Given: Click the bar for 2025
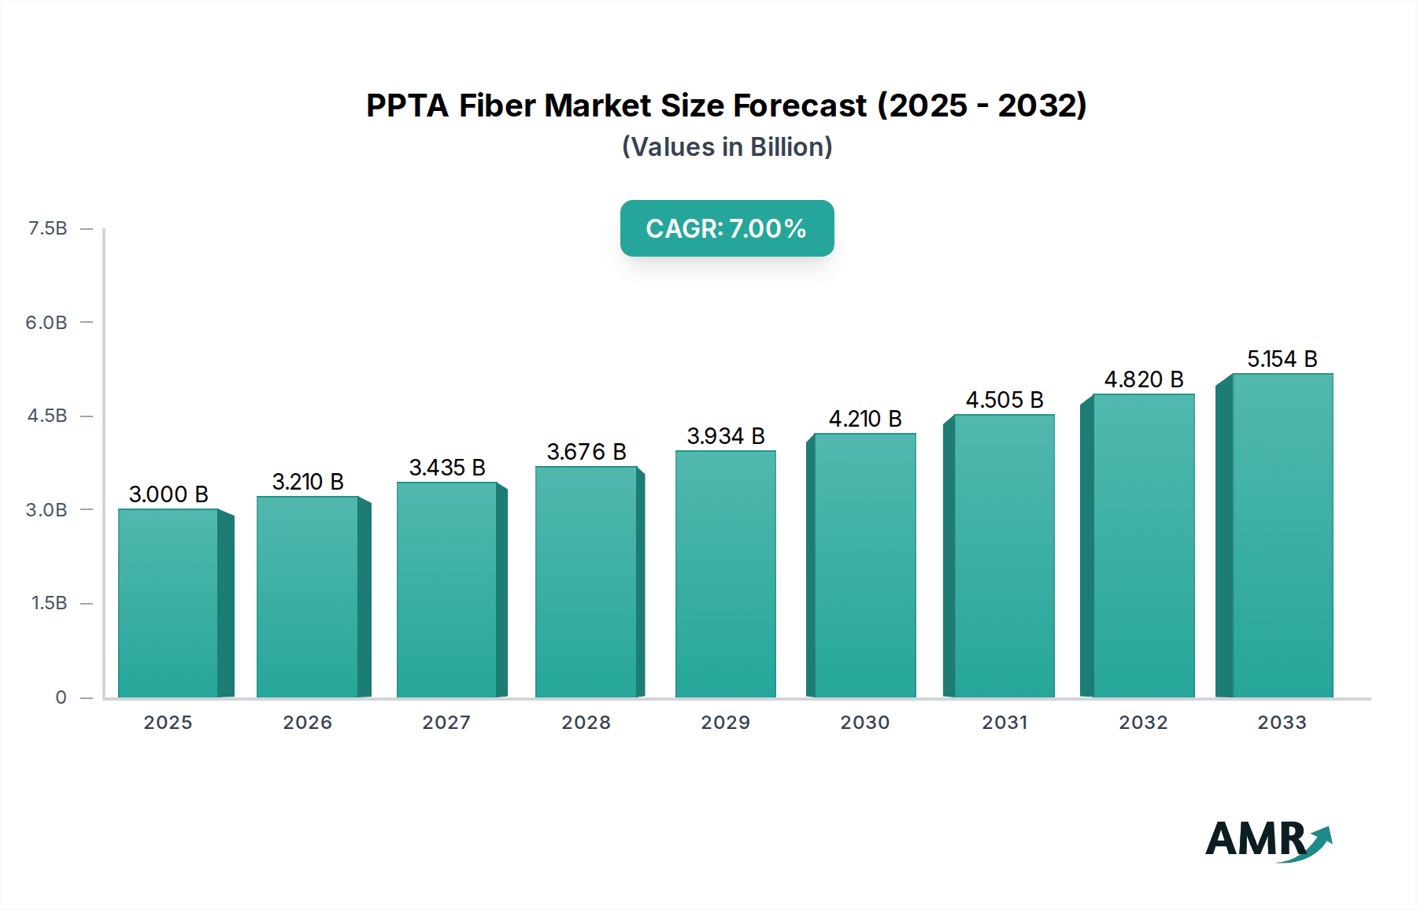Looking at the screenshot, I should (168, 603).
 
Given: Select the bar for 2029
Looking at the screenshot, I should (725, 574).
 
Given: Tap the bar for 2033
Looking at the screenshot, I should (1282, 535).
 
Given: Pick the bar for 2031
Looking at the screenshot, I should (1004, 556).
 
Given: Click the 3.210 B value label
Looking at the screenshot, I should (308, 482).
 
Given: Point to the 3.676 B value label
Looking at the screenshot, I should (586, 452).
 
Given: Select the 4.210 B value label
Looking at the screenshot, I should (865, 419).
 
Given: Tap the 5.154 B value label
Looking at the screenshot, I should (1282, 359).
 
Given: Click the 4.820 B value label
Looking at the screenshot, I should (1144, 379).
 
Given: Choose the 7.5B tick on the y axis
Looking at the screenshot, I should (48, 228).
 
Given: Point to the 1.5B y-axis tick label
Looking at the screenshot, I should (49, 603).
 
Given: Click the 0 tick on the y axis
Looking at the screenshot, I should (61, 697).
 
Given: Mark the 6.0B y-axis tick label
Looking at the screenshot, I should (46, 322).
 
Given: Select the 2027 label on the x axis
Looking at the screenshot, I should (446, 723).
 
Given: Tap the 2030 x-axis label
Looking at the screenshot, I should (865, 723).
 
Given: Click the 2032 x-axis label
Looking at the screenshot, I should (1144, 723).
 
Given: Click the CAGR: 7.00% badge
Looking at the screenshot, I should (727, 228).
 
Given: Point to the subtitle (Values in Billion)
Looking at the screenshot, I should (727, 147).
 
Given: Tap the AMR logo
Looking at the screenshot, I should (1267, 840).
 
